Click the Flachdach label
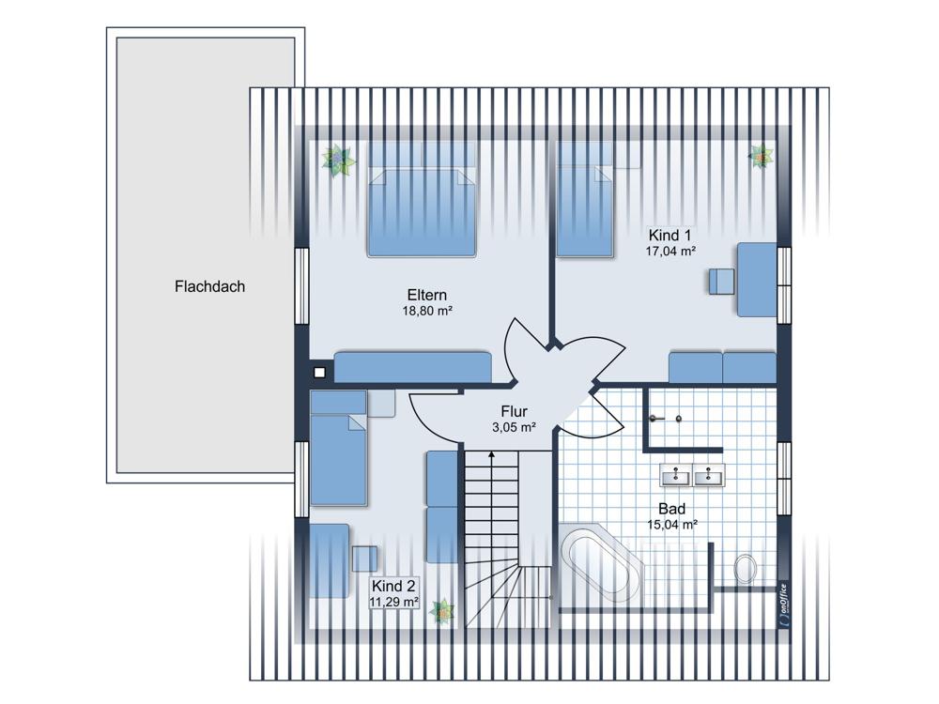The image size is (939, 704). tap(209, 286)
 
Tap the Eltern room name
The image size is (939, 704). tap(427, 295)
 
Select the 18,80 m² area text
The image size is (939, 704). tap(427, 311)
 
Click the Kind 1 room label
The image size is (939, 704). tap(670, 236)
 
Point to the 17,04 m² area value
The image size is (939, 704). tap(670, 251)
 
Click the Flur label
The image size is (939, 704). tap(514, 411)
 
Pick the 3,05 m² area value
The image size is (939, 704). tap(514, 427)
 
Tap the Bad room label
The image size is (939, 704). tap(672, 509)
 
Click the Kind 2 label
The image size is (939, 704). tap(393, 586)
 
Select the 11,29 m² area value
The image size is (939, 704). tap(393, 602)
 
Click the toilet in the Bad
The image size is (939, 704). tap(746, 568)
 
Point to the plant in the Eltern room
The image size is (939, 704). tap(338, 160)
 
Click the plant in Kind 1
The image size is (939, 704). tap(761, 156)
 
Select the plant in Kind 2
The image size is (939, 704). tap(442, 611)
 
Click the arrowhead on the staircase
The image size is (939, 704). tap(492, 455)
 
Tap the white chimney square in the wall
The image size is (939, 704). tap(320, 373)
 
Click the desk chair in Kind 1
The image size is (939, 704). tap(721, 282)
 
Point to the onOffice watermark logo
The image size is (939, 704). tap(784, 605)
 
